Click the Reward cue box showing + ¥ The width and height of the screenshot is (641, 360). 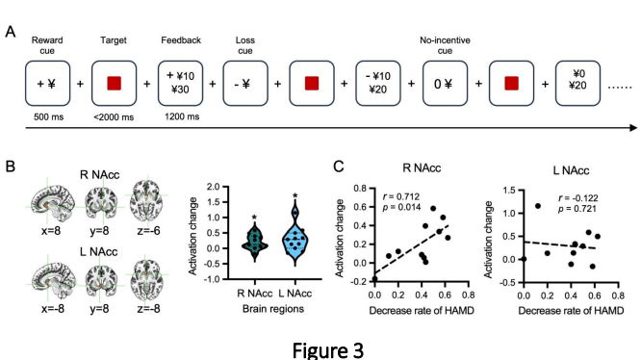(47, 84)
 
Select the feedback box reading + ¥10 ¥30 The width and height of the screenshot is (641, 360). (180, 84)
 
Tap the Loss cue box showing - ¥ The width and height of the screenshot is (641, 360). (245, 84)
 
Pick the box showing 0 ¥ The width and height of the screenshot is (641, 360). (445, 84)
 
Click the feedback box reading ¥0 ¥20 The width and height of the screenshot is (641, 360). (577, 84)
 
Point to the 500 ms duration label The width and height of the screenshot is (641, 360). (49, 116)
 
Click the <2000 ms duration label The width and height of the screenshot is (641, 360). (114, 117)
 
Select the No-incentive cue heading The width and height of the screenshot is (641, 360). (445, 45)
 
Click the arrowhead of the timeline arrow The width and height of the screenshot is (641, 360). (633, 128)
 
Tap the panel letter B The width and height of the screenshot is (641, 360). (10, 167)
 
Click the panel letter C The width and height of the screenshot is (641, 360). (339, 167)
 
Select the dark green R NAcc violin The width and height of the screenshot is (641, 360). (255, 241)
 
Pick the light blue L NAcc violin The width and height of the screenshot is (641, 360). (295, 233)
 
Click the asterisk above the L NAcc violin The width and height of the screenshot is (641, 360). (295, 195)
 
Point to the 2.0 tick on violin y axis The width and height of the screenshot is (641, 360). (213, 187)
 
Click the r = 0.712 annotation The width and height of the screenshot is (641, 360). (401, 197)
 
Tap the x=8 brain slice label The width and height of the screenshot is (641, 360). (51, 231)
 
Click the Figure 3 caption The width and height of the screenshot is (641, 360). (328, 349)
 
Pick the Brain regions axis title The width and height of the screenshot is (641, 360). (273, 309)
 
